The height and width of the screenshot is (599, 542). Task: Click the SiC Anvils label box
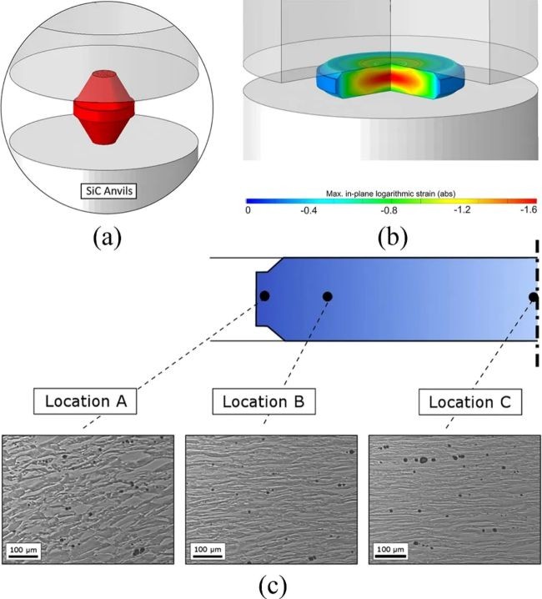pyautogui.click(x=108, y=191)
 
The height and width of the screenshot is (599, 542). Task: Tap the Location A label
pyautogui.click(x=85, y=401)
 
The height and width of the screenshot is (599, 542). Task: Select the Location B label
pyautogui.click(x=264, y=401)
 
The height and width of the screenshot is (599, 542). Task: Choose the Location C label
pyautogui.click(x=470, y=402)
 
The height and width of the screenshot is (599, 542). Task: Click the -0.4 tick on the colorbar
pyautogui.click(x=308, y=210)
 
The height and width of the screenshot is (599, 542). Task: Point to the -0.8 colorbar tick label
pyautogui.click(x=389, y=210)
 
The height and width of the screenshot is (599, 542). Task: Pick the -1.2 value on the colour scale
pyautogui.click(x=462, y=210)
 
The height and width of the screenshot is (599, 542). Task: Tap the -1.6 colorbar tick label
pyautogui.click(x=529, y=209)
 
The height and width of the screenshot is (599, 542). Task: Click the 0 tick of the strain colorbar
pyautogui.click(x=248, y=210)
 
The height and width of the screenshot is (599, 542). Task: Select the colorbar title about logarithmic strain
pyautogui.click(x=390, y=194)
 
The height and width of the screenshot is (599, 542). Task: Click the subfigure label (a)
pyautogui.click(x=108, y=238)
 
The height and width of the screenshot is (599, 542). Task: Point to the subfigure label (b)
pyautogui.click(x=392, y=238)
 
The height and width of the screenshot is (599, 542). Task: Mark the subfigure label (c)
pyautogui.click(x=273, y=586)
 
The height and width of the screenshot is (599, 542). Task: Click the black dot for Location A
pyautogui.click(x=264, y=296)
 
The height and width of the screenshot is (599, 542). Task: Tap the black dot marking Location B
pyautogui.click(x=328, y=296)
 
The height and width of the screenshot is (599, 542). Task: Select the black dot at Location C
pyautogui.click(x=534, y=297)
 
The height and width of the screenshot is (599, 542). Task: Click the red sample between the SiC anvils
pyautogui.click(x=103, y=108)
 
